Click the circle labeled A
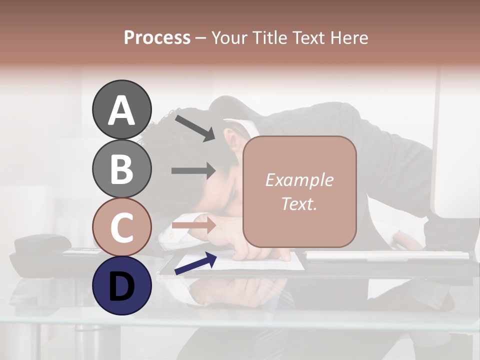click(x=121, y=109)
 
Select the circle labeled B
click(x=121, y=168)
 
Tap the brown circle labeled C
click(x=121, y=227)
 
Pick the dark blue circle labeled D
click(x=121, y=285)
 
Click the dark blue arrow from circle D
click(x=195, y=263)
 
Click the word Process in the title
click(x=157, y=38)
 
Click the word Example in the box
click(x=299, y=180)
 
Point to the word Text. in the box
click(x=299, y=203)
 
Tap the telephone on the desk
click(x=42, y=252)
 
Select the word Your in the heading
click(x=228, y=38)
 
